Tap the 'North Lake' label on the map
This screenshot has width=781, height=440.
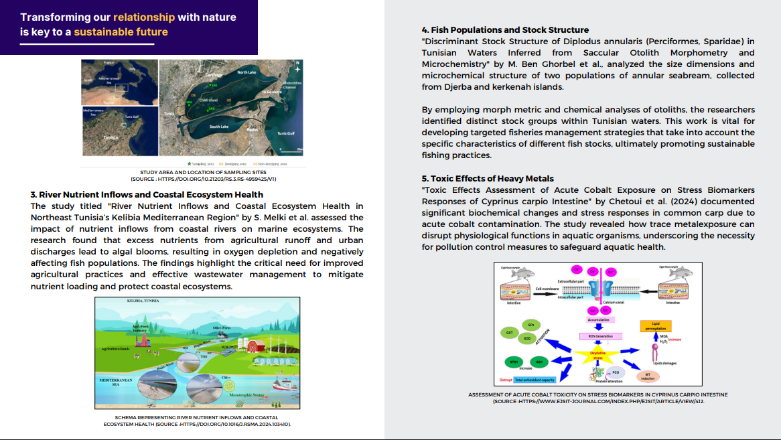tap(246, 72)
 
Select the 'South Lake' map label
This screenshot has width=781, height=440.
tap(219, 126)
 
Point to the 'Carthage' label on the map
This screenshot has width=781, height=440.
tap(214, 76)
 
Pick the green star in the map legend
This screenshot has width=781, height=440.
tap(190, 163)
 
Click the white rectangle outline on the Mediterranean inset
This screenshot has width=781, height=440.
tap(121, 87)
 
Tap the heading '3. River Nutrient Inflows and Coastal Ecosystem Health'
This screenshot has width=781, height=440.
tap(147, 195)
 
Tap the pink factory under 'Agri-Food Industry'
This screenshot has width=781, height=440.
tap(143, 340)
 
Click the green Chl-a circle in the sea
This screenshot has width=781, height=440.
tap(227, 386)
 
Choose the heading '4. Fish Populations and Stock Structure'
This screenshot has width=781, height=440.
tap(505, 30)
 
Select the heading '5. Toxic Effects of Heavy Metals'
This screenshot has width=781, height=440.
tap(488, 179)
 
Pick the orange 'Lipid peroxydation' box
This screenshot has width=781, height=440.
tap(656, 325)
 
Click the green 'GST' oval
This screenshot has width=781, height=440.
tap(510, 332)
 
